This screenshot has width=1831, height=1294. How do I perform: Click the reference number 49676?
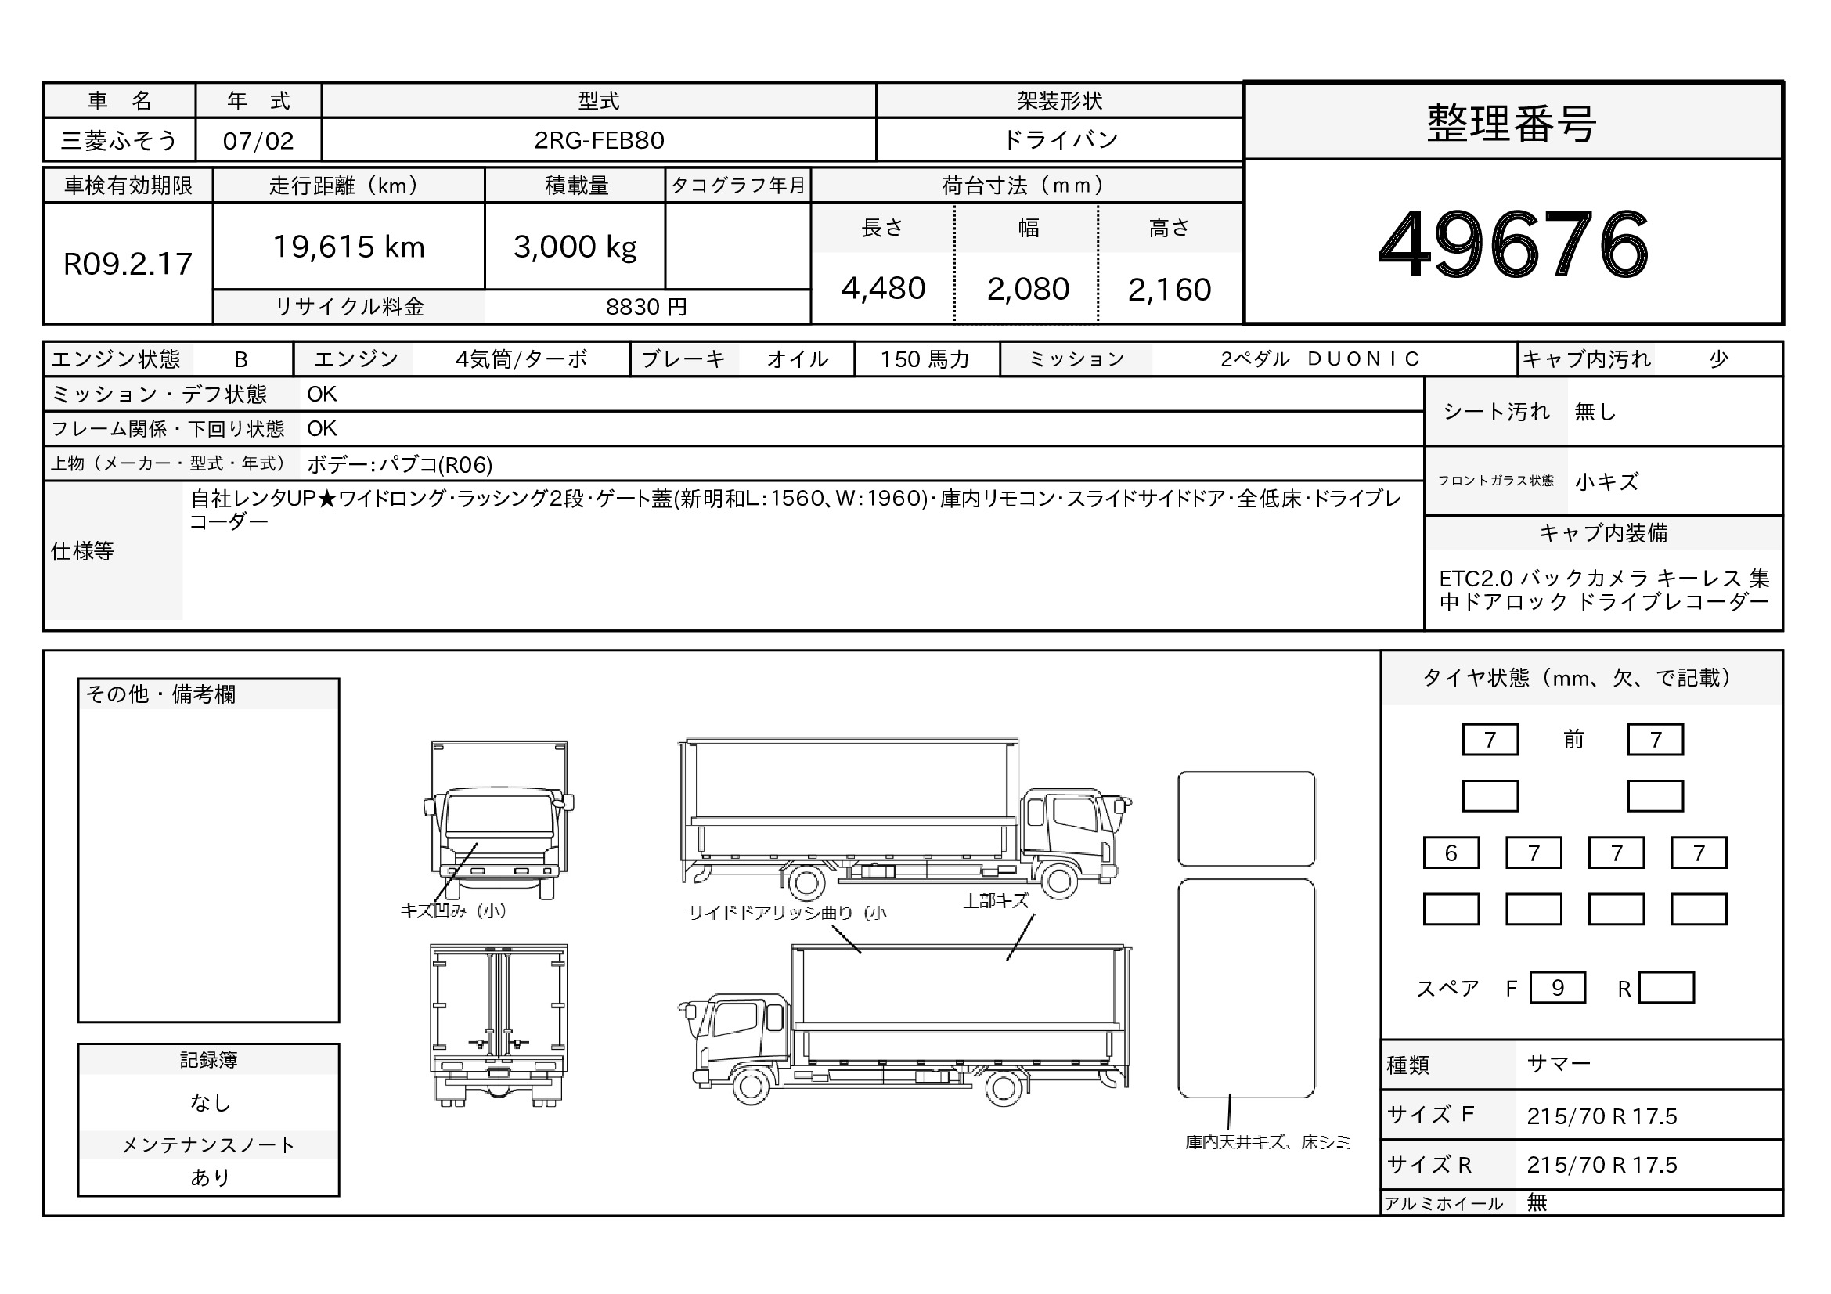coord(1513,244)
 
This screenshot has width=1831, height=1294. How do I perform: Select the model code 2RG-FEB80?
coord(599,140)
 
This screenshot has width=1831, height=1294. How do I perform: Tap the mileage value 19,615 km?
coord(348,247)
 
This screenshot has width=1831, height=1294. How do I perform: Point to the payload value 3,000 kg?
coord(575,248)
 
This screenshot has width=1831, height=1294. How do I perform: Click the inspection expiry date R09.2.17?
coord(128,264)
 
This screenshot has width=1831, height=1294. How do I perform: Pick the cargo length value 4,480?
coord(883,289)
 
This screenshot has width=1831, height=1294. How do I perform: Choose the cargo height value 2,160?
coord(1169,290)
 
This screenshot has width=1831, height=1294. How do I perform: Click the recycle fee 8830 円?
coord(646,307)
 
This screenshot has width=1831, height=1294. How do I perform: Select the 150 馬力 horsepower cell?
coord(925,359)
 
